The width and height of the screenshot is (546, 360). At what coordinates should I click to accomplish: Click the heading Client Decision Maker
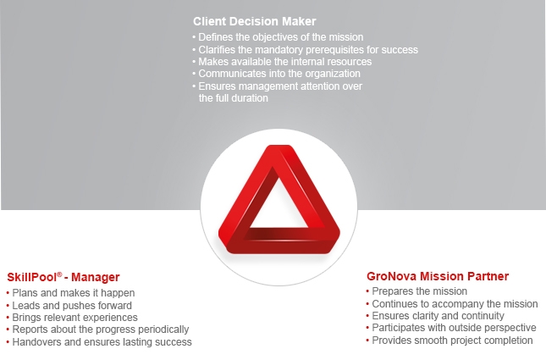pyautogui.click(x=255, y=21)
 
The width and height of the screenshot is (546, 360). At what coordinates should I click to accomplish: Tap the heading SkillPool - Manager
pyautogui.click(x=63, y=277)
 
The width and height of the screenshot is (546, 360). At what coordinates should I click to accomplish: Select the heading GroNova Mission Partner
pyautogui.click(x=438, y=276)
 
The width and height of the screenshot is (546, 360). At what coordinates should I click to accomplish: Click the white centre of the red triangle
pyautogui.click(x=279, y=207)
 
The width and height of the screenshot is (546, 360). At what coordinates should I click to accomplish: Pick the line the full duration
pyautogui.click(x=234, y=98)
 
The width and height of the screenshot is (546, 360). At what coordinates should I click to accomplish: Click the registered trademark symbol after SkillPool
pyautogui.click(x=59, y=274)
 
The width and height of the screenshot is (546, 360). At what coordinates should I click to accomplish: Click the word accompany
pyautogui.click(x=457, y=304)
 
